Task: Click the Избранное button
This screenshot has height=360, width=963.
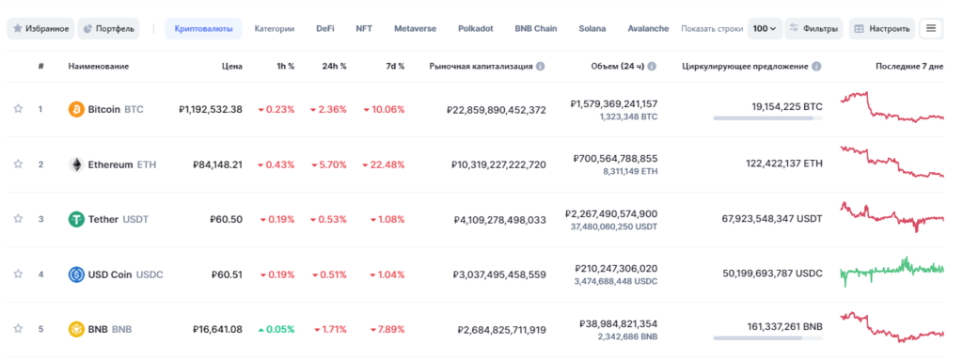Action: pyautogui.click(x=40, y=28)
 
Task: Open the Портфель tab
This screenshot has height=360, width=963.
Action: pyautogui.click(x=109, y=28)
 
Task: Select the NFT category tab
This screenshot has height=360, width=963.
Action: pyautogui.click(x=363, y=28)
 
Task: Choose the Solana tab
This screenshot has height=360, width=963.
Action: pyautogui.click(x=592, y=28)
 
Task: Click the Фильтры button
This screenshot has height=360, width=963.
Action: pyautogui.click(x=813, y=28)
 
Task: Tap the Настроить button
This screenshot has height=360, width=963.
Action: pyautogui.click(x=881, y=28)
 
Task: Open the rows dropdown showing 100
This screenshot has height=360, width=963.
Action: pyautogui.click(x=764, y=28)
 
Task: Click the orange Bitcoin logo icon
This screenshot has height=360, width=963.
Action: pyautogui.click(x=76, y=109)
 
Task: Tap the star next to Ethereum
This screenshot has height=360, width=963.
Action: pyautogui.click(x=18, y=164)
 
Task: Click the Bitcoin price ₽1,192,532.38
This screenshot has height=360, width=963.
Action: pyautogui.click(x=211, y=109)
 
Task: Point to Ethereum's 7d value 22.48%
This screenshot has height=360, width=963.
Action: pyautogui.click(x=387, y=164)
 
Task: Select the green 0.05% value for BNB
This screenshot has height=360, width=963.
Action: pyautogui.click(x=276, y=329)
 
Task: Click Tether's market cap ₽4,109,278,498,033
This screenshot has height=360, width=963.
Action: pyautogui.click(x=498, y=219)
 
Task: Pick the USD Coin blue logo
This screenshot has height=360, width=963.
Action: pyautogui.click(x=76, y=274)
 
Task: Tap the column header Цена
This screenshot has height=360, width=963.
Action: pyautogui.click(x=231, y=67)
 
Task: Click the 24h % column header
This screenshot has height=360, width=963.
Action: pyautogui.click(x=333, y=67)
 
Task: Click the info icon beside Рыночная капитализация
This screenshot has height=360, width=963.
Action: pyautogui.click(x=541, y=67)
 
